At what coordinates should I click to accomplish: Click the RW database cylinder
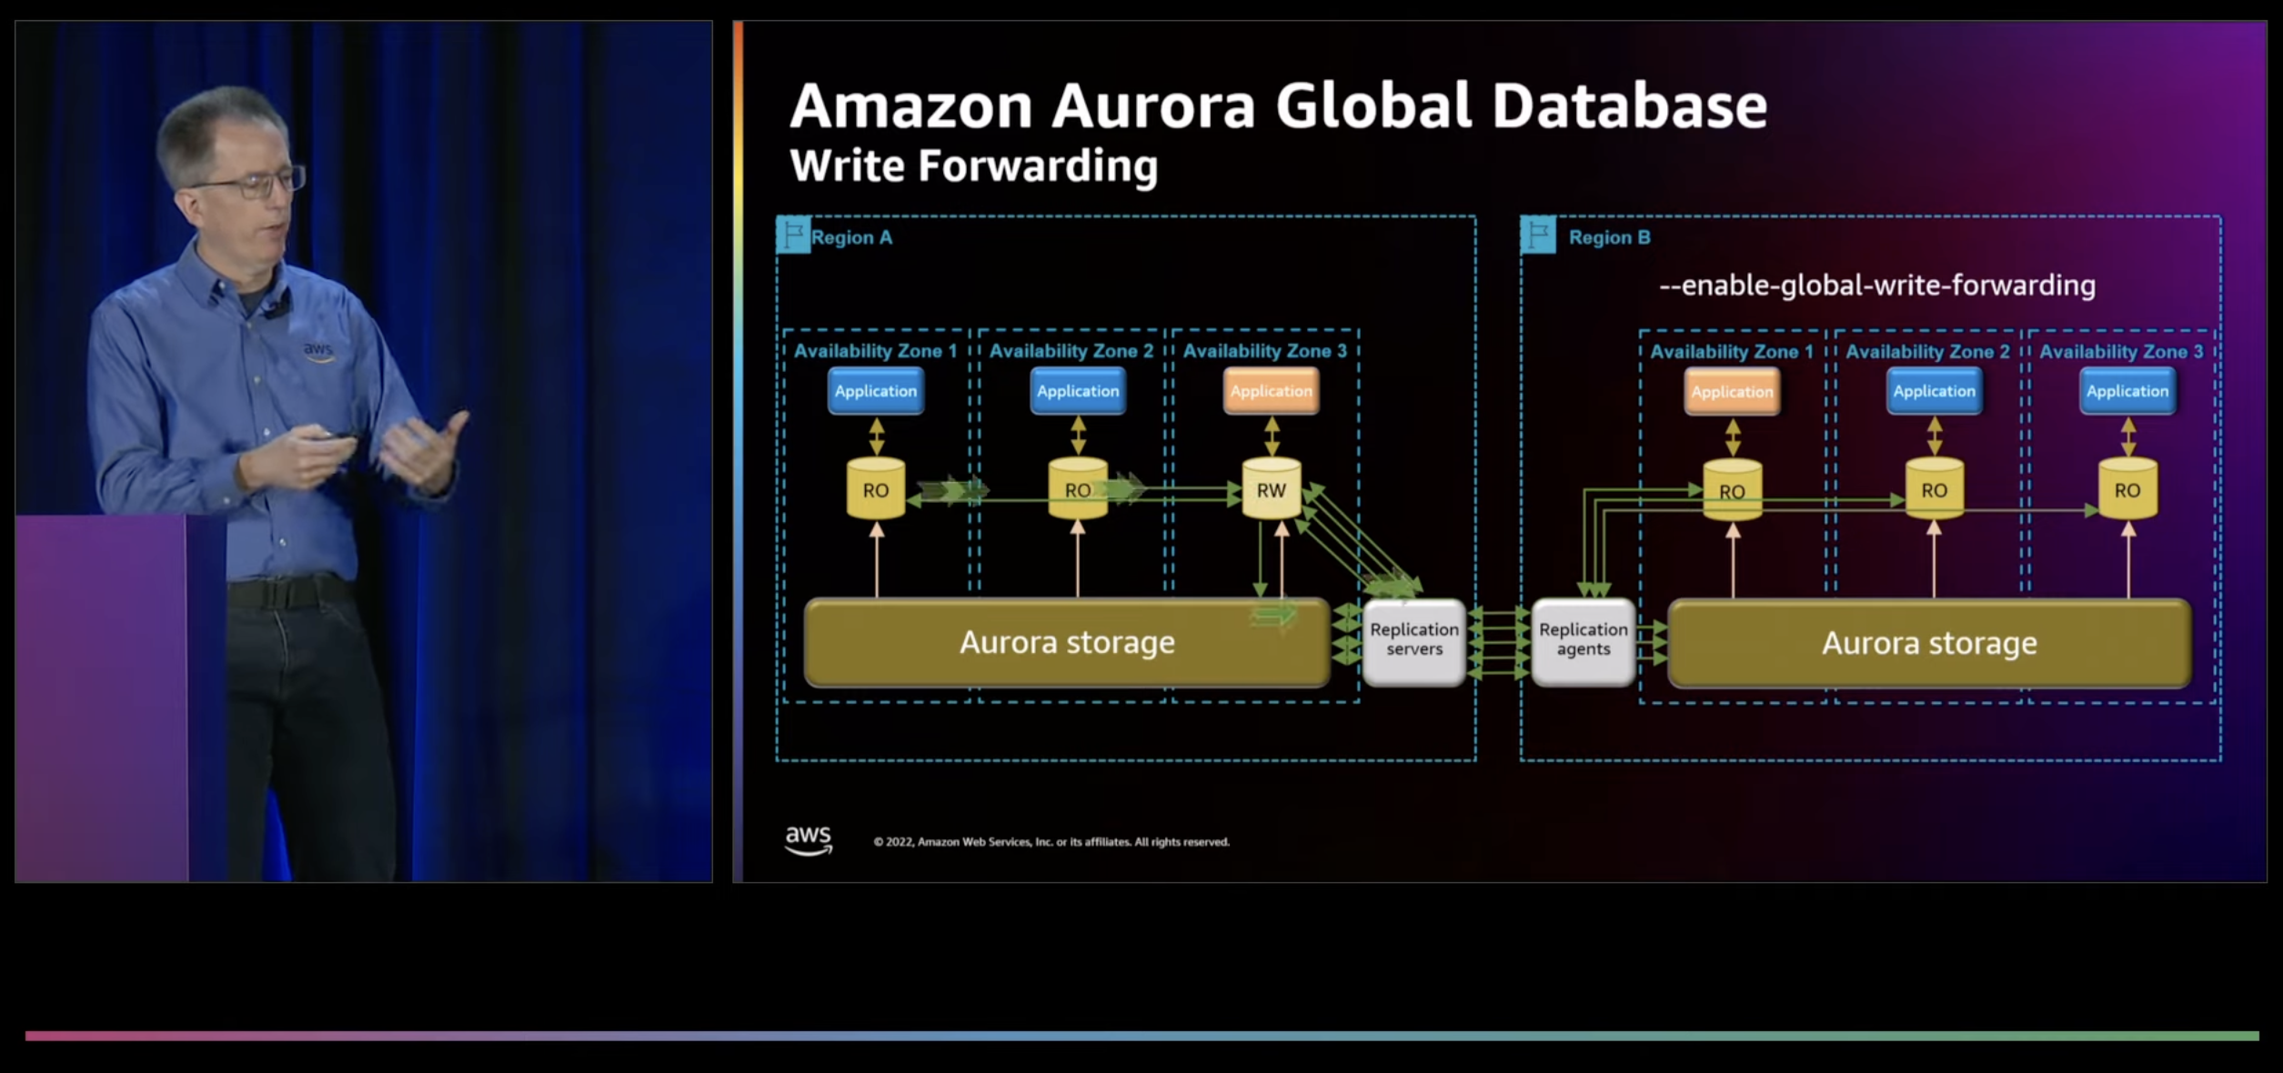[1271, 490]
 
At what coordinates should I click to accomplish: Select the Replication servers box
[1413, 639]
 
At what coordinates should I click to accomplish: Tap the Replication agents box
[1583, 639]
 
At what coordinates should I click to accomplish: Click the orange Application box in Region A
[1271, 391]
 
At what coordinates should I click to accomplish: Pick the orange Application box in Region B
[1732, 392]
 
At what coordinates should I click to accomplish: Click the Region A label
[851, 238]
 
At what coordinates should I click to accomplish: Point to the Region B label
[1609, 238]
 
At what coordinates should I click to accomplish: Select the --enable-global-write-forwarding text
[1877, 286]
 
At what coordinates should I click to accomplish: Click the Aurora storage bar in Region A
[1067, 643]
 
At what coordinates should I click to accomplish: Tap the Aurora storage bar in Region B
[1929, 644]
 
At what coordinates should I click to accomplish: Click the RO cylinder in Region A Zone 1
[875, 490]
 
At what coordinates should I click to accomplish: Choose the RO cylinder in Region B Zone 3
[2127, 490]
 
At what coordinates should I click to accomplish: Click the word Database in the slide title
[1629, 106]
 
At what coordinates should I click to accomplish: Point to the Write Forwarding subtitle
[973, 166]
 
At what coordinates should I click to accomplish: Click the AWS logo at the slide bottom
[808, 839]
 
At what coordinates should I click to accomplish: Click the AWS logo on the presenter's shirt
[317, 350]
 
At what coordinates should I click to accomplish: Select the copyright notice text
[1051, 842]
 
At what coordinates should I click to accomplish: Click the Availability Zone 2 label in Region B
[1927, 352]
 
